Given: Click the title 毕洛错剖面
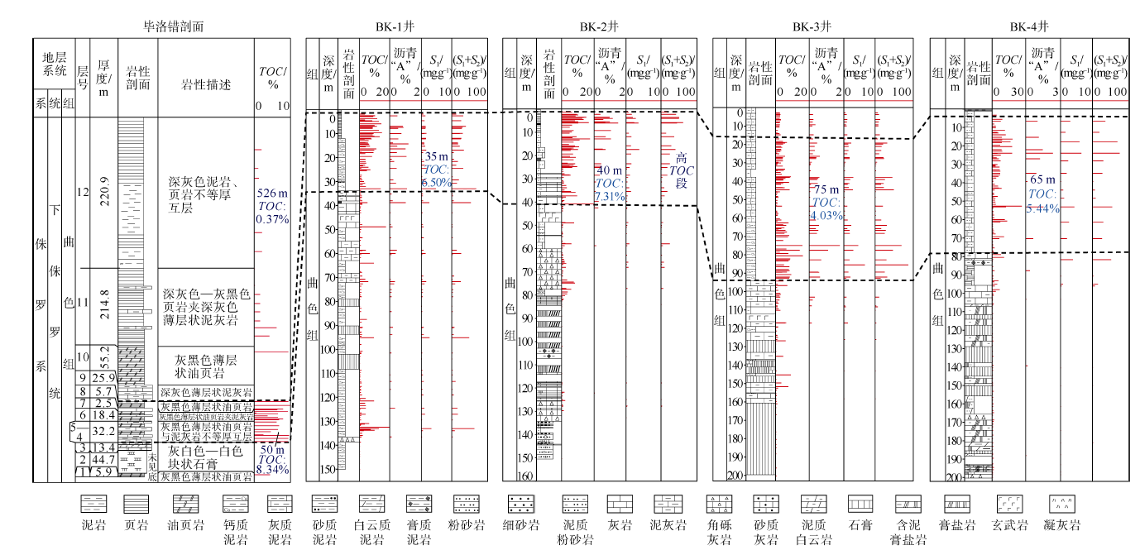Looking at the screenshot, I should (x=174, y=26).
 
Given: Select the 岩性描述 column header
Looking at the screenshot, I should (x=206, y=85).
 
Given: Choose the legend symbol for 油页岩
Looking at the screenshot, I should (x=186, y=503).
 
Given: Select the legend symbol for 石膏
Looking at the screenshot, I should (x=861, y=503).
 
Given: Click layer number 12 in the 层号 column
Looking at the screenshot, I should (x=82, y=192).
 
